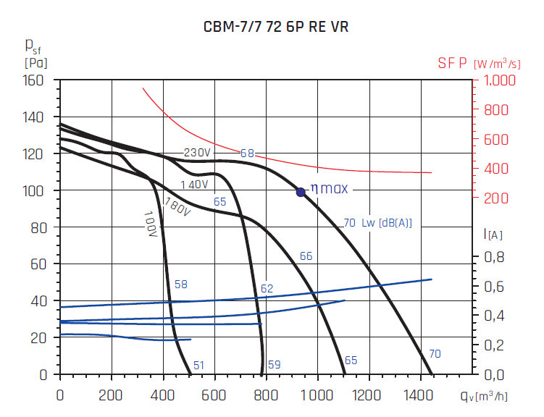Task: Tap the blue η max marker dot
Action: (301, 192)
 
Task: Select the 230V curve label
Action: (197, 153)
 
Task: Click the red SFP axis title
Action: (453, 64)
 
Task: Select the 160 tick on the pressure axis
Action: (35, 80)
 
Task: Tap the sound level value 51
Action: (198, 366)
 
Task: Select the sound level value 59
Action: (274, 364)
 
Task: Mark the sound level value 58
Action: (180, 285)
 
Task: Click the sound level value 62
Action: (267, 289)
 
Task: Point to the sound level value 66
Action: (306, 256)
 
